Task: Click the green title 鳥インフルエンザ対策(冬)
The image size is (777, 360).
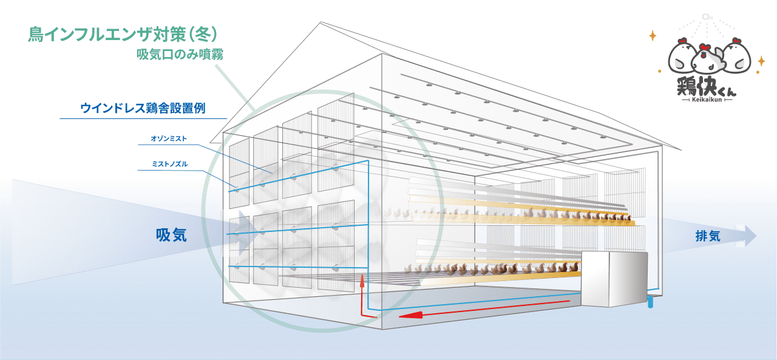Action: click(123, 35)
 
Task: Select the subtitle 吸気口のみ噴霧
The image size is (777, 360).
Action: click(180, 55)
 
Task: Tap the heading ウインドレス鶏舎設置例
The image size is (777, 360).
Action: click(143, 108)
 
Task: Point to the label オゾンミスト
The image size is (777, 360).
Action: click(169, 139)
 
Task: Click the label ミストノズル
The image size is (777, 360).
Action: click(169, 164)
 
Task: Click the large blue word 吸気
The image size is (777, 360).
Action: click(171, 236)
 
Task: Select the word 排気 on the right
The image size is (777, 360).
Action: click(708, 236)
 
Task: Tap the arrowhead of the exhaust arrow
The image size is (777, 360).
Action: click(750, 236)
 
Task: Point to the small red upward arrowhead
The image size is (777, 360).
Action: click(362, 281)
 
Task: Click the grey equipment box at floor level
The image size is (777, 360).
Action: click(614, 279)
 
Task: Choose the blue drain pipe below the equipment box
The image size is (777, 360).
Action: click(650, 302)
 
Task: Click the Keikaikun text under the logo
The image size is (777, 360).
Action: click(707, 100)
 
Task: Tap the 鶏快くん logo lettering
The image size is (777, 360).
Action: click(706, 86)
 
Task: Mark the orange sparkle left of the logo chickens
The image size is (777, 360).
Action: click(653, 36)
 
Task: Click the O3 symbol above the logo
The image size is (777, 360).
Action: click(707, 16)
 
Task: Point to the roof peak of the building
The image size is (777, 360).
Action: click(321, 22)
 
